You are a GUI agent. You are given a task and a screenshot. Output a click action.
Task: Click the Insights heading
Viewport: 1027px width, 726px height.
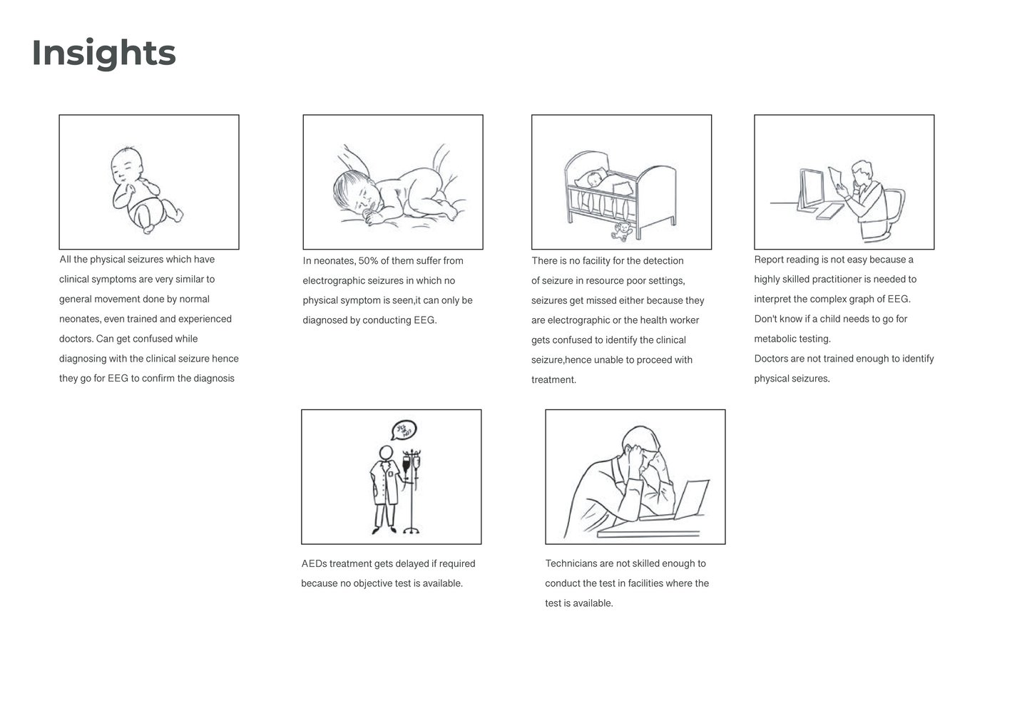(x=103, y=53)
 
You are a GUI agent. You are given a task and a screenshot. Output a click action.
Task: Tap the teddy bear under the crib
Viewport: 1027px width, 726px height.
(x=622, y=231)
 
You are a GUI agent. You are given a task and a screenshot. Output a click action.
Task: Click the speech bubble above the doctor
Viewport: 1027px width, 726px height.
(x=404, y=430)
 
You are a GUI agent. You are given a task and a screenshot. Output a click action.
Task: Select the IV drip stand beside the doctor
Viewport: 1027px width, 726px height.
(x=412, y=491)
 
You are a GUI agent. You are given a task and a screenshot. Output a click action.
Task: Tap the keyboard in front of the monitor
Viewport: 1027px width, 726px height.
(x=830, y=212)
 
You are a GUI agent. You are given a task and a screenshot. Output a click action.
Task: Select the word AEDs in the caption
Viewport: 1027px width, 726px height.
(x=314, y=563)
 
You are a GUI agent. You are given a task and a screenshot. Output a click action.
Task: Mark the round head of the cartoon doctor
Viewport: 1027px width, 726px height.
(x=386, y=453)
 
